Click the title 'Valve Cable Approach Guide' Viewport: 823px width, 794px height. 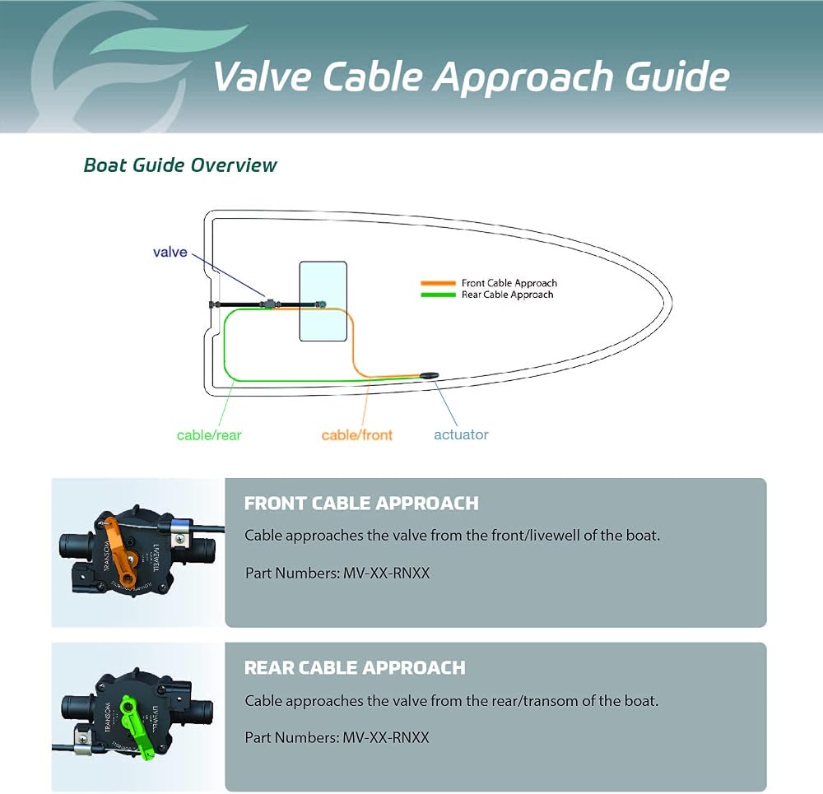[471, 77]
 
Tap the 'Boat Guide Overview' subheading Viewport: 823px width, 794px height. [180, 165]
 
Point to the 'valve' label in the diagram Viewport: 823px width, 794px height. [170, 252]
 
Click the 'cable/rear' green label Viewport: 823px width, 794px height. [209, 435]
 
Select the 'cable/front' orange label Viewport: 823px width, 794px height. [357, 435]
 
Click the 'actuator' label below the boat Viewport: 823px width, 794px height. [461, 434]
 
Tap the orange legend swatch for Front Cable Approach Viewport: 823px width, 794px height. [439, 283]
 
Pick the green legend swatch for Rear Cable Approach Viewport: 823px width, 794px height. [439, 295]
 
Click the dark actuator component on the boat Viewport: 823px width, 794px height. [429, 375]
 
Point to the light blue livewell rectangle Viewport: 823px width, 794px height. [323, 301]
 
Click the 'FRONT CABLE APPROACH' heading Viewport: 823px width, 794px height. [361, 504]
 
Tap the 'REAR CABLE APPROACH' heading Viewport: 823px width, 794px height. [355, 667]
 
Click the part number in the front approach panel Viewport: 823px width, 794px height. [386, 573]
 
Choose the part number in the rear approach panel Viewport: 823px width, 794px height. [386, 737]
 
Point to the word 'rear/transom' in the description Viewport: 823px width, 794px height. [534, 700]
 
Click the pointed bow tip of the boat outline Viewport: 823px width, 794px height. [672, 303]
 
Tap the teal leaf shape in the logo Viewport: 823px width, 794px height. [168, 39]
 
